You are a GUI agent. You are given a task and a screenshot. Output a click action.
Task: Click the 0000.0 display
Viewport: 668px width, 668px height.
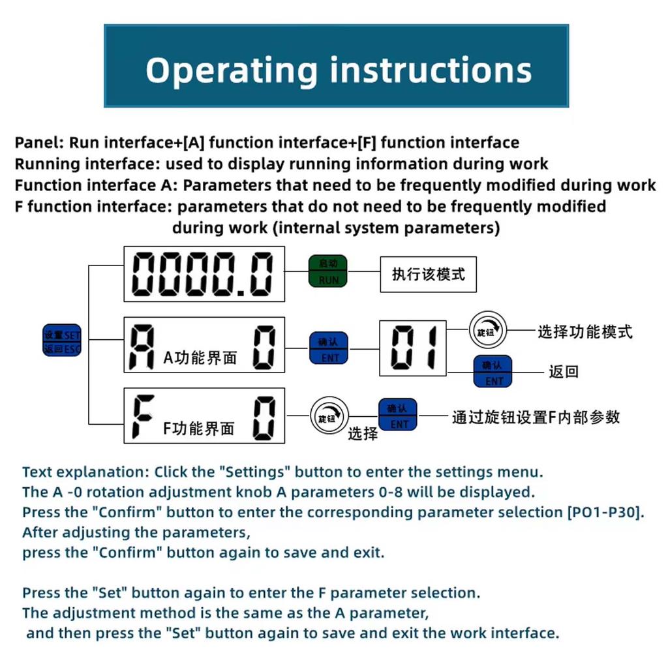[x=204, y=274]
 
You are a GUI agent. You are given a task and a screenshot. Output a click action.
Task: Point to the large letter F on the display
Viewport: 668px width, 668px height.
[x=143, y=416]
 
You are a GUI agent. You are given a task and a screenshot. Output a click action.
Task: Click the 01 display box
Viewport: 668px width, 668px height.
[x=413, y=348]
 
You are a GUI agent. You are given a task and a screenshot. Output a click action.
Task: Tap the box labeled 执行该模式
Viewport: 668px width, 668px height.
[x=428, y=273]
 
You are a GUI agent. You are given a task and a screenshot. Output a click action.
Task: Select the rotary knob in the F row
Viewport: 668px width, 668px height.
[x=329, y=417]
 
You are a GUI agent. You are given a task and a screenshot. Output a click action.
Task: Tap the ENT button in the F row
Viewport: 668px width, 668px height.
[x=398, y=416]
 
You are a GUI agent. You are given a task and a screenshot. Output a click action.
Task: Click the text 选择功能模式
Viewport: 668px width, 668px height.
[x=584, y=331]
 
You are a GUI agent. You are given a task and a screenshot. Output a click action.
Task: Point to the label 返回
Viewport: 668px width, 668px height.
[x=564, y=372]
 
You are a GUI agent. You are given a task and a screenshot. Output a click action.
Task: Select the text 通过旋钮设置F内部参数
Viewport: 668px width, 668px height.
[x=536, y=417]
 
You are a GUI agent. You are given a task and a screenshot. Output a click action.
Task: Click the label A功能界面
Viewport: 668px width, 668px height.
[x=200, y=357]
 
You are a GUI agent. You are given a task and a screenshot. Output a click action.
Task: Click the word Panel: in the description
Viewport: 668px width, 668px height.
[x=39, y=143]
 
